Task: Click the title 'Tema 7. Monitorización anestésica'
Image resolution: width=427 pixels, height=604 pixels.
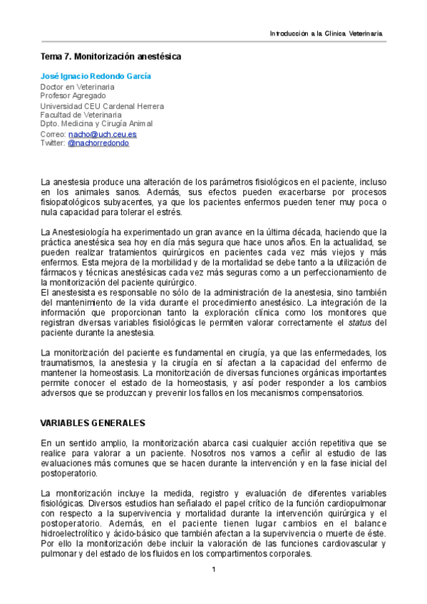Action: pyautogui.click(x=110, y=56)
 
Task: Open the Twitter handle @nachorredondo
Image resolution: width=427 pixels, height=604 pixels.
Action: pyautogui.click(x=98, y=142)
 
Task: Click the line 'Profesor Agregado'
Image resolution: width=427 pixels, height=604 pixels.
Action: pyautogui.click(x=73, y=95)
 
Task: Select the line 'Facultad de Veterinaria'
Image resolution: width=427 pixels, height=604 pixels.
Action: pyautogui.click(x=81, y=114)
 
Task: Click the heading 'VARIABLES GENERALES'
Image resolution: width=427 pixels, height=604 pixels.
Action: pyautogui.click(x=93, y=422)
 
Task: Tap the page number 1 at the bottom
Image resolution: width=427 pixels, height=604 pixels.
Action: pyautogui.click(x=213, y=569)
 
